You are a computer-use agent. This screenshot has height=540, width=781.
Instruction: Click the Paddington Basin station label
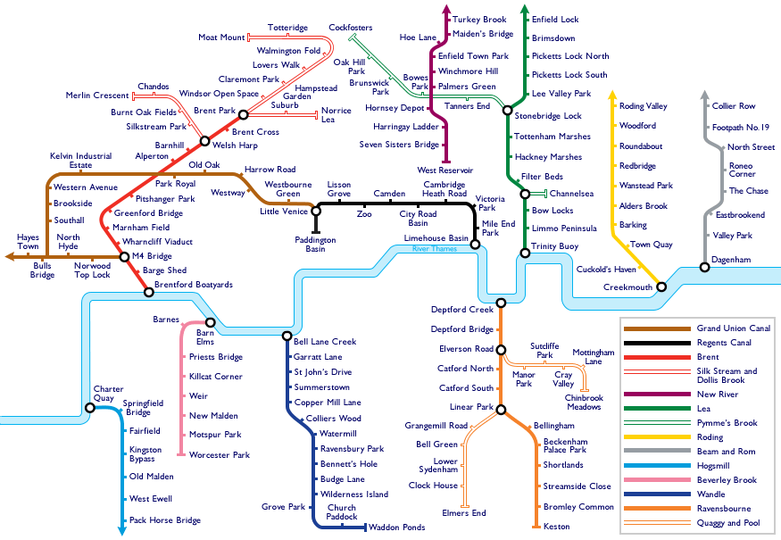pyautogui.click(x=315, y=244)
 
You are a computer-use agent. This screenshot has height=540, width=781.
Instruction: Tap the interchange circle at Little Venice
pyautogui.click(x=316, y=212)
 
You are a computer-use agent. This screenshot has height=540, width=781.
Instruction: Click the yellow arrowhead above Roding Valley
pyautogui.click(x=612, y=95)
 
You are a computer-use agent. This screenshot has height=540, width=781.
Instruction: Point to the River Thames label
pyautogui.click(x=435, y=249)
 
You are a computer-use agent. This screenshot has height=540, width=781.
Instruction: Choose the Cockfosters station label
pyautogui.click(x=350, y=28)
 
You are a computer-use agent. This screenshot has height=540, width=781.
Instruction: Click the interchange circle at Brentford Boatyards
pyautogui.click(x=148, y=292)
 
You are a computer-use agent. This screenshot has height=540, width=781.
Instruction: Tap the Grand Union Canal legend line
pyautogui.click(x=657, y=328)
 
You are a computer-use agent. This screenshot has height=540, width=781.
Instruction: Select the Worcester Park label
pyautogui.click(x=220, y=455)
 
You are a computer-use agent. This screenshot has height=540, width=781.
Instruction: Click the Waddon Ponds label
pyautogui.click(x=397, y=527)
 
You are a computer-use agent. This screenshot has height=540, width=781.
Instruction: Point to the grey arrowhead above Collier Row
pyautogui.click(x=704, y=95)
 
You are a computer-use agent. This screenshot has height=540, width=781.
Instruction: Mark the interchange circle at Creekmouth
pyautogui.click(x=661, y=287)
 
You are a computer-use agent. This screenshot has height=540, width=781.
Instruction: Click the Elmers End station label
pyautogui.click(x=464, y=512)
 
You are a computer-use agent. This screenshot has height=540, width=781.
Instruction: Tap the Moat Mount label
pyautogui.click(x=221, y=37)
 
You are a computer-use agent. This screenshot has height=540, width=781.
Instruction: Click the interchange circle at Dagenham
pyautogui.click(x=704, y=268)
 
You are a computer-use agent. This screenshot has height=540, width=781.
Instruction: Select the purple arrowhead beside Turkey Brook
pyautogui.click(x=446, y=9)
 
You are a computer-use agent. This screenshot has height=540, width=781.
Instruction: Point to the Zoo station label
pyautogui.click(x=364, y=213)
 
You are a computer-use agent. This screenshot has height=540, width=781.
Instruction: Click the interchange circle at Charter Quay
pyautogui.click(x=89, y=408)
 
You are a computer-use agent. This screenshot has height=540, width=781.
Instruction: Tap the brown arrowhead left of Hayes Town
pyautogui.click(x=10, y=256)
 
